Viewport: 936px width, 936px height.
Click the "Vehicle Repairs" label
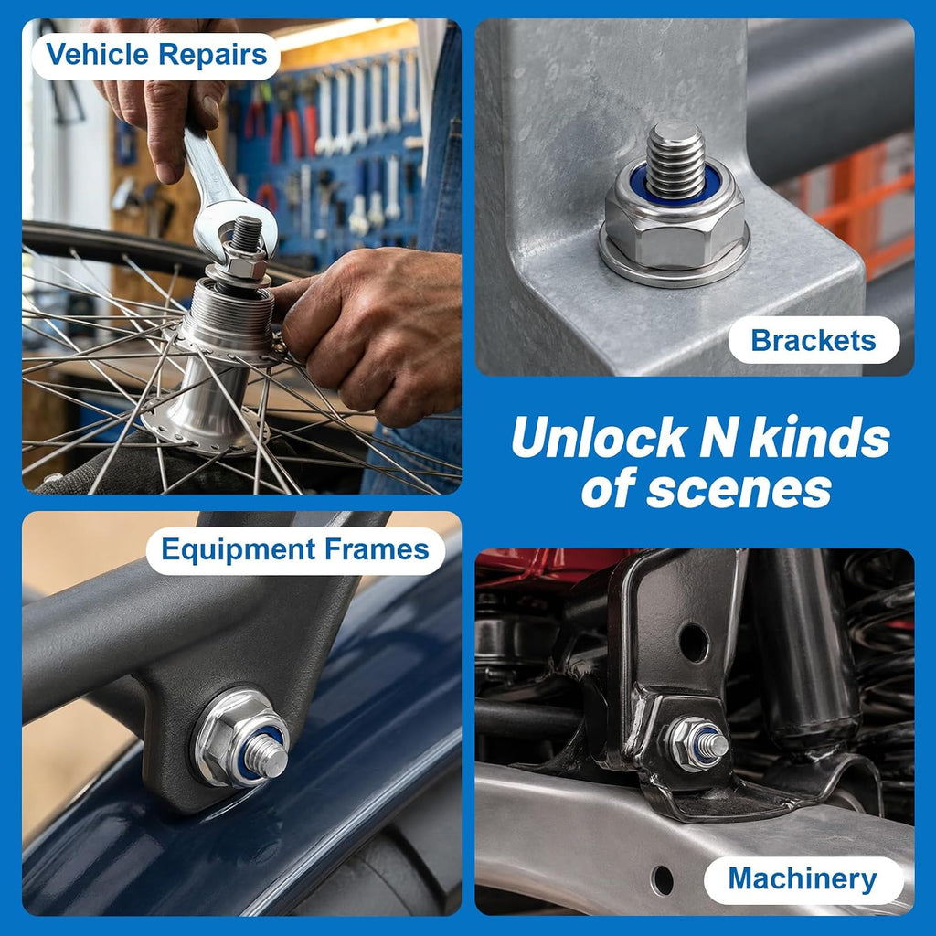pyautogui.click(x=156, y=55)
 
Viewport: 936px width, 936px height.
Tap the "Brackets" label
pyautogui.click(x=813, y=341)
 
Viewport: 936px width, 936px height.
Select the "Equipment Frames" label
pyautogui.click(x=295, y=549)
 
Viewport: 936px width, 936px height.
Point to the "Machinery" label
pyautogui.click(x=803, y=879)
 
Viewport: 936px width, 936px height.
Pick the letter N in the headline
pyautogui.click(x=718, y=438)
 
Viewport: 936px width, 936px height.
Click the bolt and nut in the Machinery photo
pyautogui.click(x=697, y=744)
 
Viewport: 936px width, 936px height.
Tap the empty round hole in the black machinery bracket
pyautogui.click(x=694, y=643)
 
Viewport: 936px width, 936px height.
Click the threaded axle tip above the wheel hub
pyautogui.click(x=246, y=234)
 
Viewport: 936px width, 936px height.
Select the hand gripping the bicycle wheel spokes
pyautogui.click(x=369, y=332)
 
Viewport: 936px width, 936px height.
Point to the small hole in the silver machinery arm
pyautogui.click(x=662, y=880)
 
